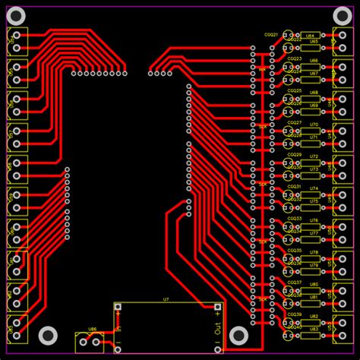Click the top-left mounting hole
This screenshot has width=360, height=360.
pos(16,15)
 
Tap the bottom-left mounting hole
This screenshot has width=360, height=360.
pos(48,335)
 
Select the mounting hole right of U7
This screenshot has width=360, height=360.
pos(238,335)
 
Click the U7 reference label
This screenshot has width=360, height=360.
pos(166,300)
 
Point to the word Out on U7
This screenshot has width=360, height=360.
pos(218,330)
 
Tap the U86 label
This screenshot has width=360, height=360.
pos(93,330)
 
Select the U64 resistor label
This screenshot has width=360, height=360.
pos(310,36)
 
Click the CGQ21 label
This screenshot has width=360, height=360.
pos(271,35)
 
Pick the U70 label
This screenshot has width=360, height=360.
pos(314,124)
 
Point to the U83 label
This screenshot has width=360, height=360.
pos(314,329)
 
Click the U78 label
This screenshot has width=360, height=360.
pos(314,251)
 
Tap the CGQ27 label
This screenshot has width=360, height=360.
pos(294,122)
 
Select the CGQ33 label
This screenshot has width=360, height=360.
pos(294,219)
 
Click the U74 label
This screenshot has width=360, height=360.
pos(314,188)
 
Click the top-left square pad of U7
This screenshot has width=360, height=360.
pos(118,307)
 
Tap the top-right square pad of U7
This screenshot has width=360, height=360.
pos(218,307)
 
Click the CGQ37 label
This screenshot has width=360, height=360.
pos(294,283)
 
